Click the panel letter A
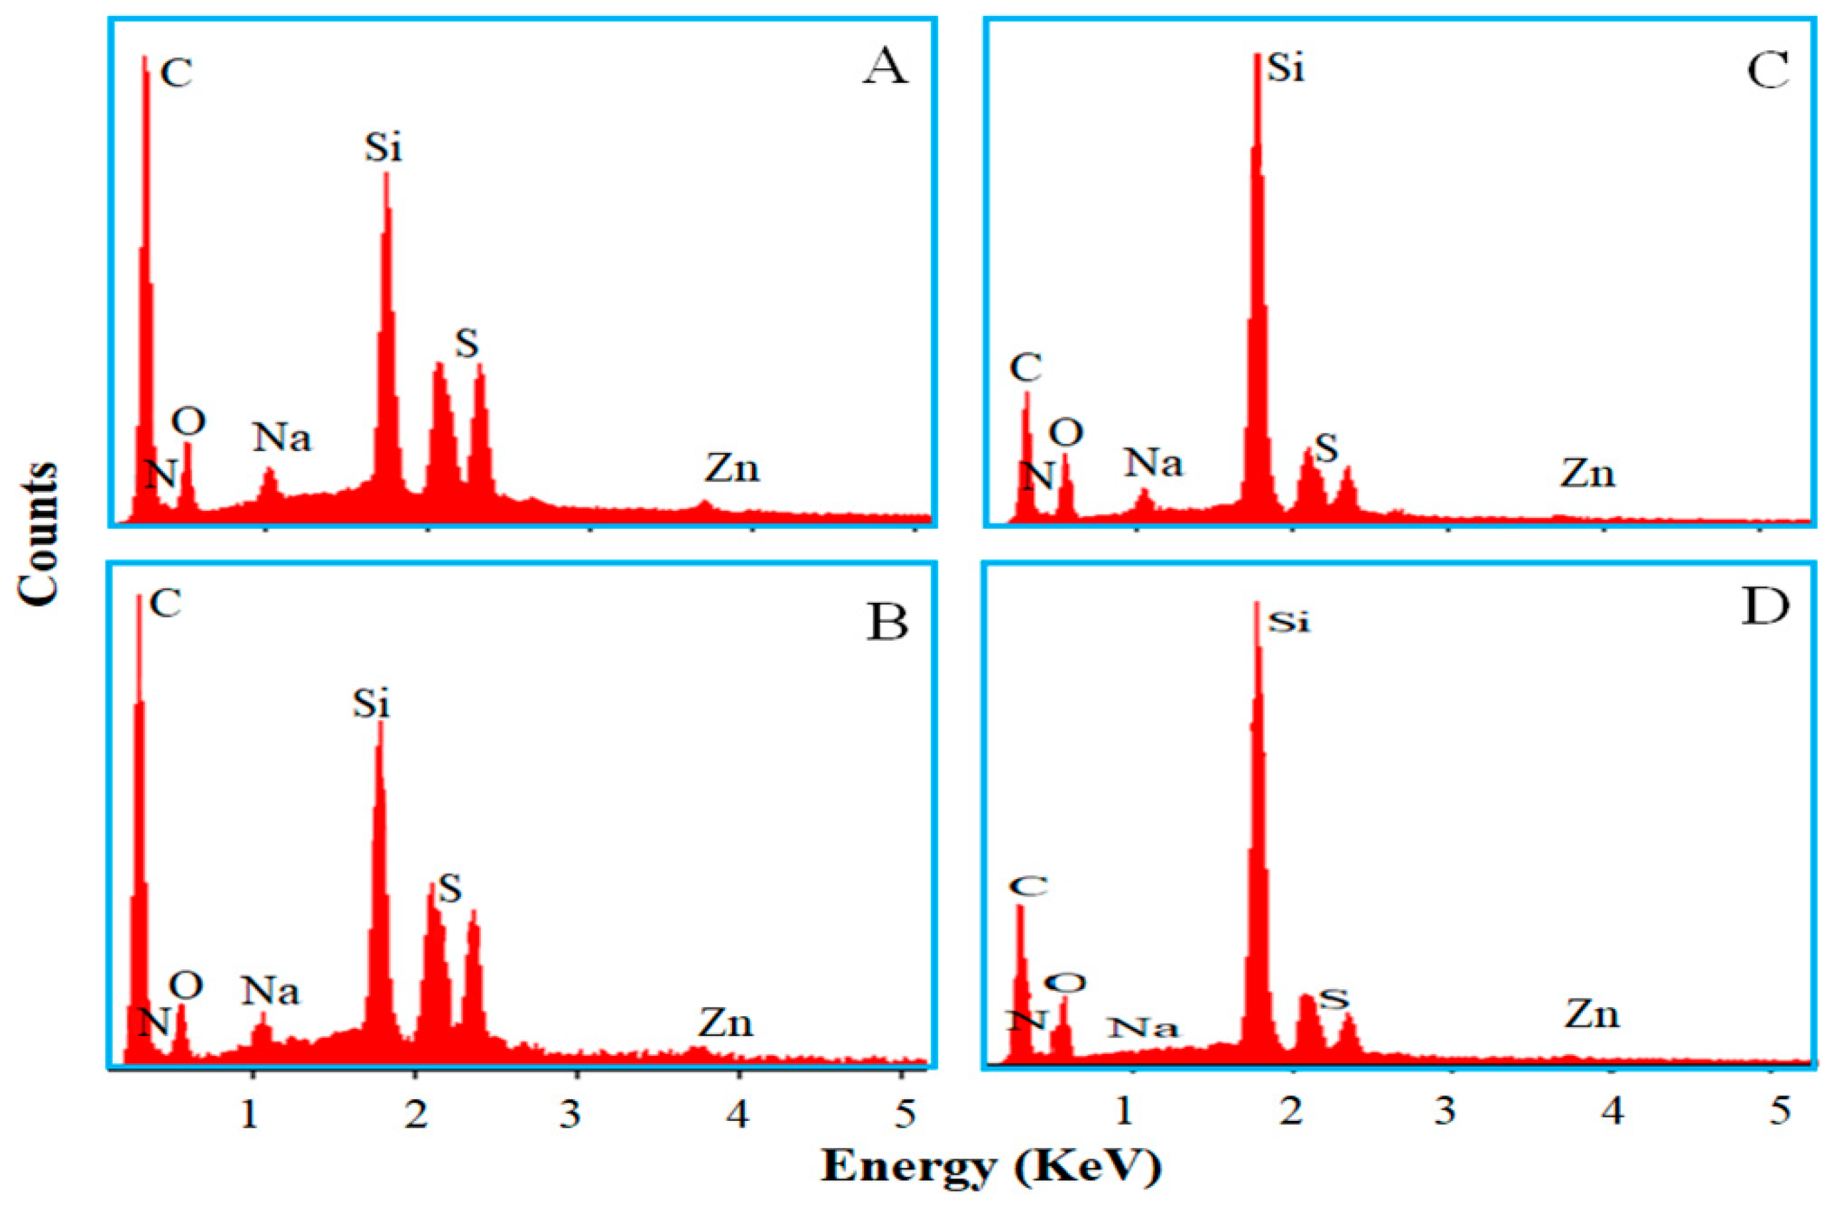[x=885, y=68]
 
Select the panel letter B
[x=887, y=621]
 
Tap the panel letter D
[x=1764, y=609]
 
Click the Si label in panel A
[x=384, y=147]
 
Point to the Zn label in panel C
[x=1587, y=474]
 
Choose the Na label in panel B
[x=270, y=991]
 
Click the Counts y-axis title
[x=37, y=534]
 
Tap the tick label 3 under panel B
[x=571, y=1115]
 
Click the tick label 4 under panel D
[x=1612, y=1112]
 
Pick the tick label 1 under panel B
[x=249, y=1115]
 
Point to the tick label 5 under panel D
[x=1780, y=1112]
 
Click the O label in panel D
[x=1065, y=983]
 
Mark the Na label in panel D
[x=1143, y=1028]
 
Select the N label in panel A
[x=161, y=474]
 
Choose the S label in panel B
[x=449, y=890]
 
